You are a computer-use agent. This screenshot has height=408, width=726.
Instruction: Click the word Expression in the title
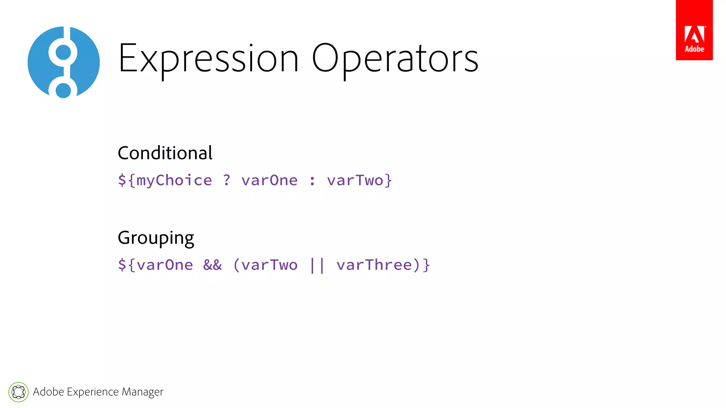(208, 58)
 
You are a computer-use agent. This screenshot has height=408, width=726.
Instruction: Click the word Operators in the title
(395, 58)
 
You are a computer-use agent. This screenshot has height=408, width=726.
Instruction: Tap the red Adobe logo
(694, 30)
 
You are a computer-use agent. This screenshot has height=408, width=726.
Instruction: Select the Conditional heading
(165, 153)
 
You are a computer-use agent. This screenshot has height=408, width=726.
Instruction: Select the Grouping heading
(156, 238)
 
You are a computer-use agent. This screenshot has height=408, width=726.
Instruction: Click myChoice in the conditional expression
(174, 181)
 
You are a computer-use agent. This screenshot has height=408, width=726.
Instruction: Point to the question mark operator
(227, 180)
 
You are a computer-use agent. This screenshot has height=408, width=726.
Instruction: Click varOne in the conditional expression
(269, 181)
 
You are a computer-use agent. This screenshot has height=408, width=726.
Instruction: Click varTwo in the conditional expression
(355, 181)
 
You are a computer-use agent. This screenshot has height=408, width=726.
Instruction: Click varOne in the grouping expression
(165, 265)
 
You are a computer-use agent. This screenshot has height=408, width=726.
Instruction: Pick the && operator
(212, 265)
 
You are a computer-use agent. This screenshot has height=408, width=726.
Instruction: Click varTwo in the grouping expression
(269, 265)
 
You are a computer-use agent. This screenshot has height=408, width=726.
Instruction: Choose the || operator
(317, 265)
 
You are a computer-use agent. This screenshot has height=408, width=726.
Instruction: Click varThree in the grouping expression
(374, 265)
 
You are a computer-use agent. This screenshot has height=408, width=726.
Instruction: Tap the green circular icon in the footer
(18, 392)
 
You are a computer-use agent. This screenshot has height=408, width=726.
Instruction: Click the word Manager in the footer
(142, 392)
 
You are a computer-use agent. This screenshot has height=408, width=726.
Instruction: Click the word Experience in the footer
(93, 392)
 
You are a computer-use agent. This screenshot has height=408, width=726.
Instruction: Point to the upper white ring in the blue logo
(63, 52)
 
